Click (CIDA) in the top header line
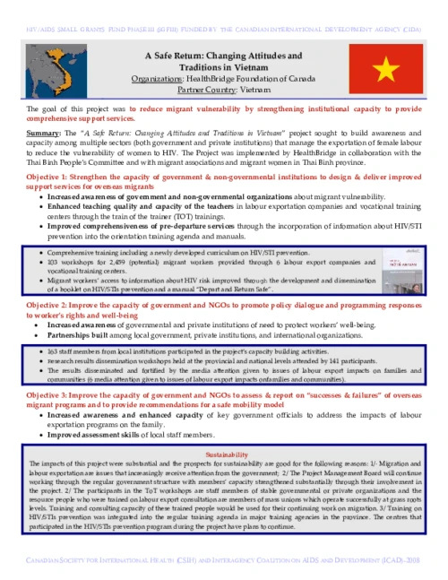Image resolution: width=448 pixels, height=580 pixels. pos(409,6)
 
